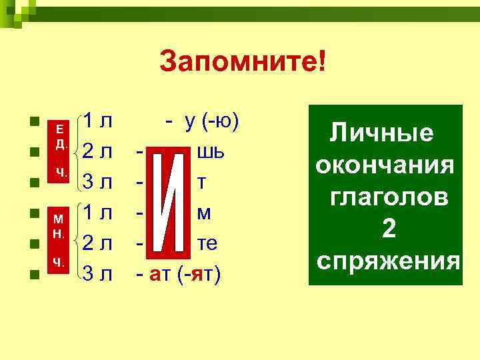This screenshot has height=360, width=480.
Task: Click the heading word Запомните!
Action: coord(243,65)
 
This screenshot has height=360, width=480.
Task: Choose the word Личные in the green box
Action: coord(382,133)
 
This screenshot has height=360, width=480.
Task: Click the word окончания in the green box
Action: coord(385,165)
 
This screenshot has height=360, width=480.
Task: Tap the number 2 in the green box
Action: coord(388,229)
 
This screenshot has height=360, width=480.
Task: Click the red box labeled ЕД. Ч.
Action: coord(60,150)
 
